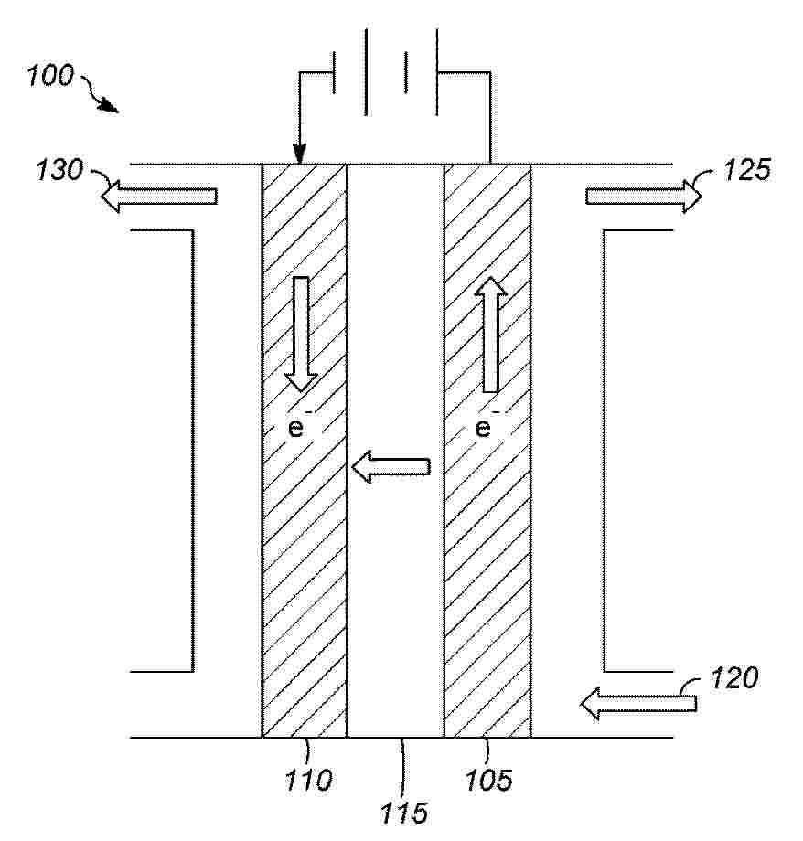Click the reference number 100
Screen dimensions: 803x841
click(50, 76)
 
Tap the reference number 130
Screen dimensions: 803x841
click(60, 169)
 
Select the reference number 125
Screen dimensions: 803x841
click(747, 169)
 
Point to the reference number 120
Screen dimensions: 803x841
click(733, 678)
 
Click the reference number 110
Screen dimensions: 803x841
click(308, 780)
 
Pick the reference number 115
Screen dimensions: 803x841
click(404, 813)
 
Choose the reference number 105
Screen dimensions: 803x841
click(488, 780)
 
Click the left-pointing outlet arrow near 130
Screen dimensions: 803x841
click(159, 197)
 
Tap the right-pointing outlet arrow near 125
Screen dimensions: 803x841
click(644, 197)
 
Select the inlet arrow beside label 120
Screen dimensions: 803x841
click(638, 703)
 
